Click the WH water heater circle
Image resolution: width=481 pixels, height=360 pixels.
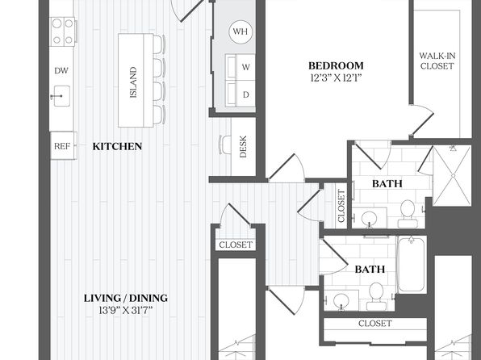[240, 31]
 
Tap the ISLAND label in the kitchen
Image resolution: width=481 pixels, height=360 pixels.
[133, 82]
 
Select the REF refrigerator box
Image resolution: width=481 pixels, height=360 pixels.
[63, 145]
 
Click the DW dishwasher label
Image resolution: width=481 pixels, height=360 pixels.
[61, 70]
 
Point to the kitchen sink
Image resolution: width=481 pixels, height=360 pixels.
[61, 96]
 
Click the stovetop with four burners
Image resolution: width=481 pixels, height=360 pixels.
[63, 31]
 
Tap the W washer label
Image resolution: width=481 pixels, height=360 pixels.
[245, 67]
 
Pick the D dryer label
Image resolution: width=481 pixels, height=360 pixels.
[245, 94]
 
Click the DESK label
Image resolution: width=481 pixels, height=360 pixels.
[243, 146]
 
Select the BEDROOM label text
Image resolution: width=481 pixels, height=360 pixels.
[336, 65]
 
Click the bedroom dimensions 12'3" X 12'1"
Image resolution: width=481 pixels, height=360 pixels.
[336, 78]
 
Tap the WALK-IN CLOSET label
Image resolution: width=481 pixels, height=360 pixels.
[437, 61]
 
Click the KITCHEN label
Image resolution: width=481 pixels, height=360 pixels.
[117, 146]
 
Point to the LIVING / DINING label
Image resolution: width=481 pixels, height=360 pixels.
[126, 298]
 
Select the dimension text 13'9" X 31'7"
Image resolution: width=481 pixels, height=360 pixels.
[125, 311]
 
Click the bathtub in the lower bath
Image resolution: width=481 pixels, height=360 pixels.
[412, 265]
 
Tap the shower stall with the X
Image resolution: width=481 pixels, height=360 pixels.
[452, 175]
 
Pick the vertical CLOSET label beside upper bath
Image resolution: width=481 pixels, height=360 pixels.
[341, 206]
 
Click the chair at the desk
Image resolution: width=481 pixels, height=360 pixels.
[225, 144]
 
